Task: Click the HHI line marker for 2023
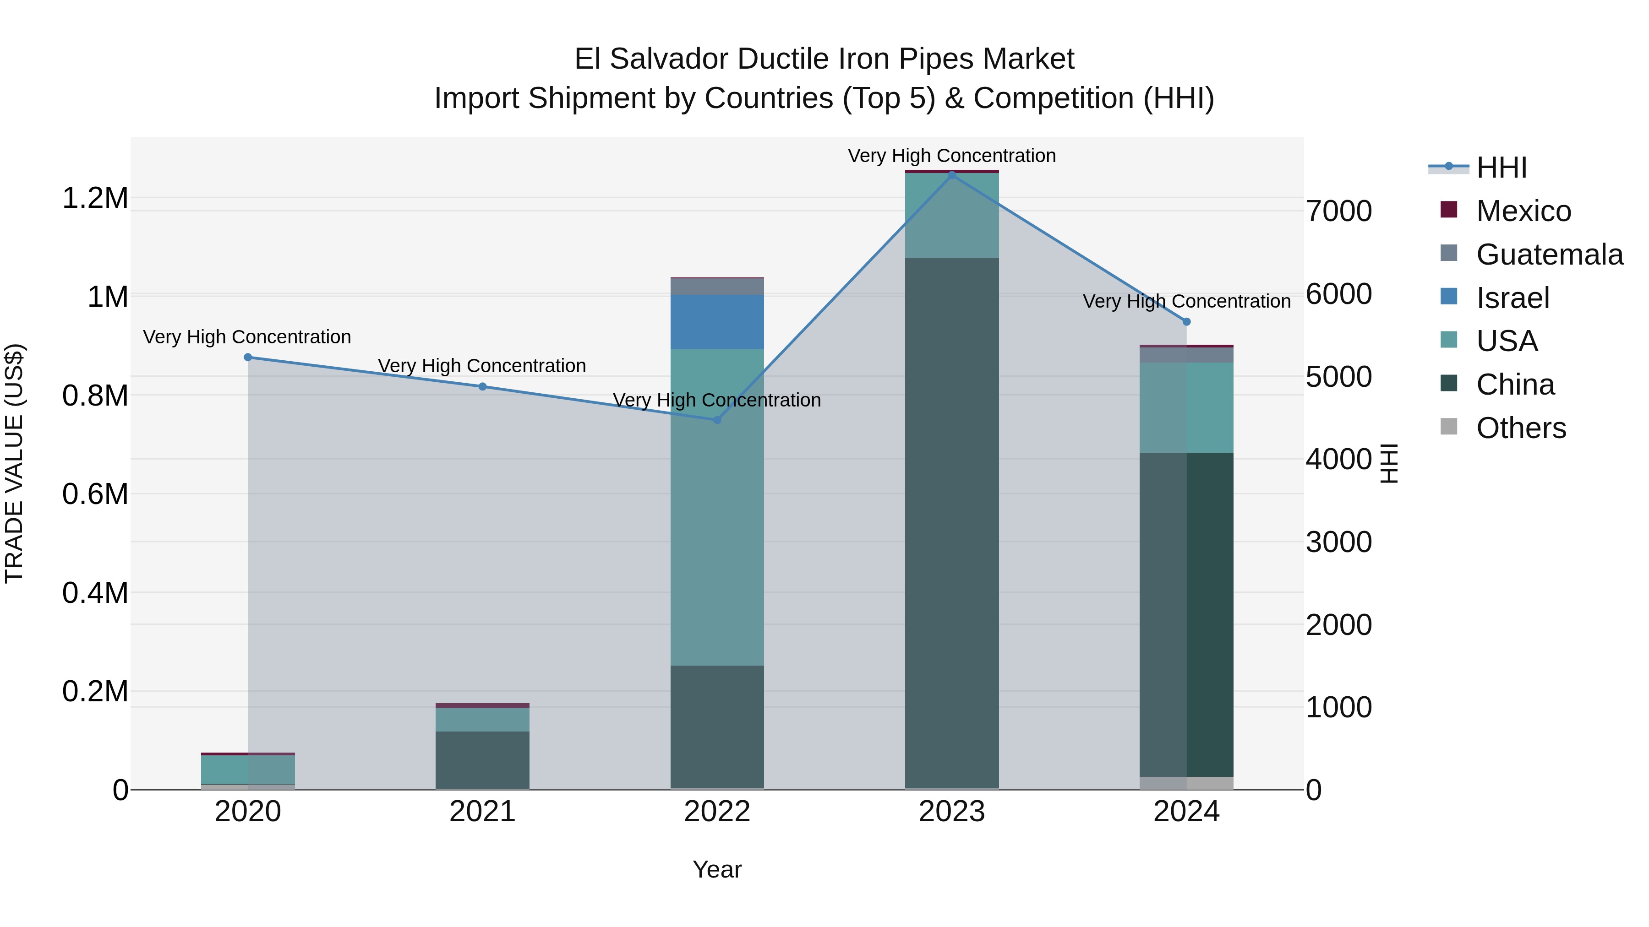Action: (x=952, y=175)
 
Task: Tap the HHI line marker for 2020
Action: (x=248, y=357)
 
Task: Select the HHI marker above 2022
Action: (x=717, y=420)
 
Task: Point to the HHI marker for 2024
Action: (x=1186, y=322)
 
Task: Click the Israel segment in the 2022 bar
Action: (x=717, y=322)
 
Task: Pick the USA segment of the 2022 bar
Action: (x=717, y=507)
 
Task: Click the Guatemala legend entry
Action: (x=1549, y=255)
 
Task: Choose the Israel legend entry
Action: (x=1512, y=298)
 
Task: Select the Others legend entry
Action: (x=1521, y=428)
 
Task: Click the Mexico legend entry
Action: (x=1523, y=211)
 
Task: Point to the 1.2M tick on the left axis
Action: (x=95, y=198)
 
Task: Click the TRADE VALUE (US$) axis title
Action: (x=14, y=463)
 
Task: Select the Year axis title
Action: (x=717, y=869)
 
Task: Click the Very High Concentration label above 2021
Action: (x=482, y=366)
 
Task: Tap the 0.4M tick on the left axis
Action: (x=95, y=593)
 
